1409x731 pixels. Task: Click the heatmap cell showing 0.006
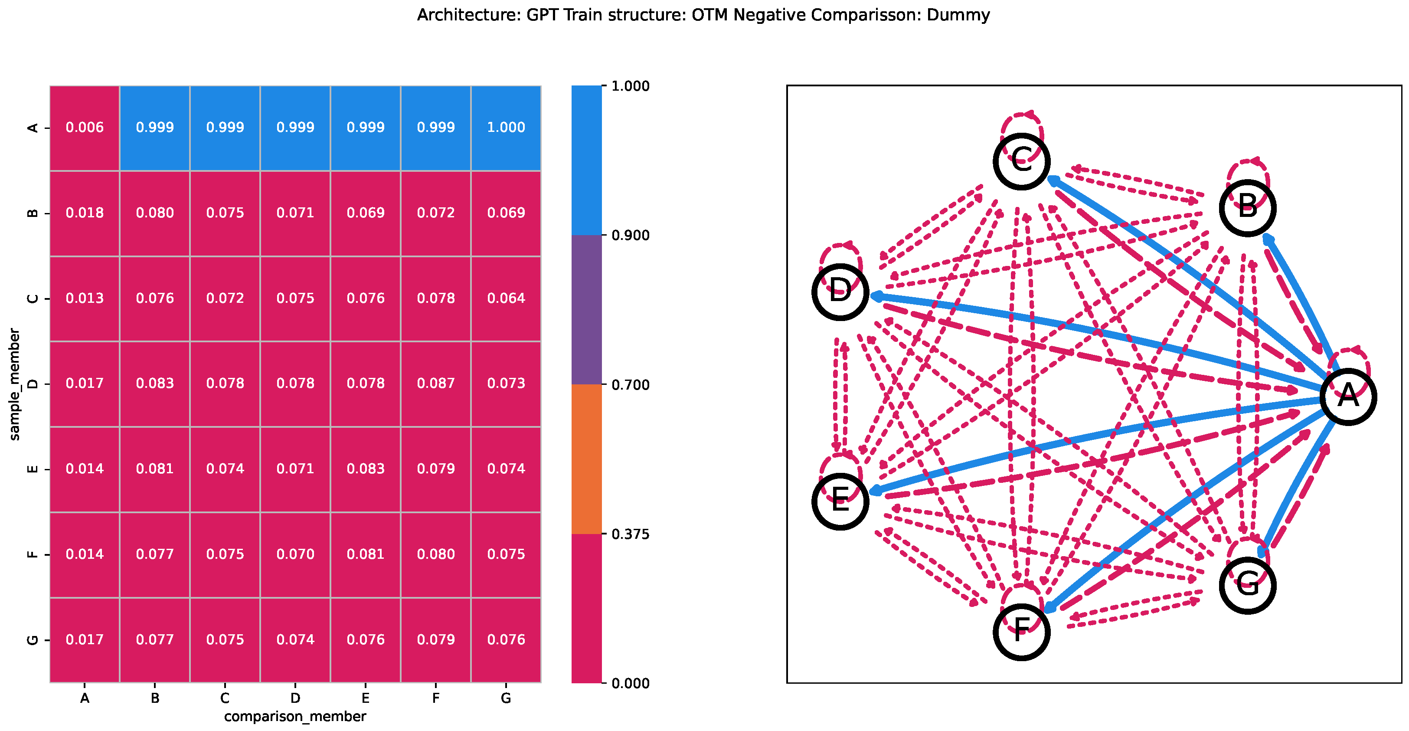(x=85, y=128)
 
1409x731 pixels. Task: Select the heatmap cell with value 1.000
(x=506, y=128)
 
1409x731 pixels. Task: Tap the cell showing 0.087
(x=436, y=384)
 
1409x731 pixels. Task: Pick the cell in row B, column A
(x=85, y=213)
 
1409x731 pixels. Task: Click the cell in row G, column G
(x=506, y=639)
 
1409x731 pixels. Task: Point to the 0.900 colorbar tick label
(x=631, y=235)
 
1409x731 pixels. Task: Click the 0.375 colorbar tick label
(x=631, y=534)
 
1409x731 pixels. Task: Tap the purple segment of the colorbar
(x=586, y=310)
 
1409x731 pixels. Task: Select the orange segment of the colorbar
(x=586, y=459)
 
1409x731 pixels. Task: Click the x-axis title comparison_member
(x=295, y=717)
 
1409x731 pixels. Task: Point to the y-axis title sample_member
(x=15, y=384)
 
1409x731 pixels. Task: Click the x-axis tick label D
(x=295, y=698)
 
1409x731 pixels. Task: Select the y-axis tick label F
(x=33, y=554)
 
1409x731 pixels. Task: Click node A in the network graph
(x=1348, y=396)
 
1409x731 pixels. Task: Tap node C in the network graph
(x=1021, y=161)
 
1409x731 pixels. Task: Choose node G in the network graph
(x=1248, y=586)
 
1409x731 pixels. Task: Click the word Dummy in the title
(x=958, y=15)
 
